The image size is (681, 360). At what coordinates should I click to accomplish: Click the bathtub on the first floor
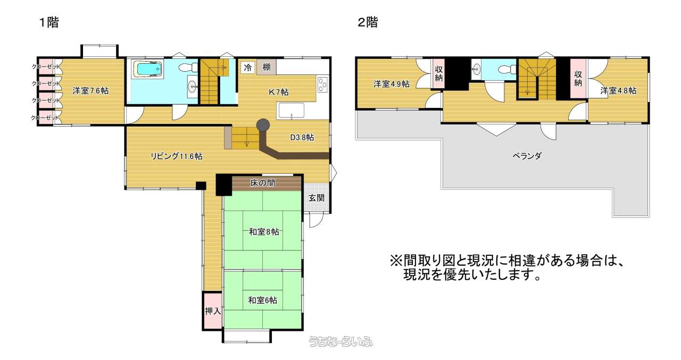(148, 69)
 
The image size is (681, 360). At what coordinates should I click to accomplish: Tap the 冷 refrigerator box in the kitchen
(248, 68)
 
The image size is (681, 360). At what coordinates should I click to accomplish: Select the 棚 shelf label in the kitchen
(267, 67)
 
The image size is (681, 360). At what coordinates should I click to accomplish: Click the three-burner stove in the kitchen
(322, 83)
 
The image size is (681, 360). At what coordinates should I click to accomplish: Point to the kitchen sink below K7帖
(291, 111)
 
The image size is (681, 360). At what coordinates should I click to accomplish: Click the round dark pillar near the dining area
(263, 125)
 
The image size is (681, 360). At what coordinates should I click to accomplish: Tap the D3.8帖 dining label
(302, 138)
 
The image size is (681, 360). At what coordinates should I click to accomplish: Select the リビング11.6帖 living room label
(177, 156)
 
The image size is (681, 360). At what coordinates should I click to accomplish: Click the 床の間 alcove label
(263, 183)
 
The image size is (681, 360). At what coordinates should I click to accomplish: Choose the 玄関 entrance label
(317, 198)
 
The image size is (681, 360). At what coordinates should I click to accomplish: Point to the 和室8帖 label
(264, 232)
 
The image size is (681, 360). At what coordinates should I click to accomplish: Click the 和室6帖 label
(263, 300)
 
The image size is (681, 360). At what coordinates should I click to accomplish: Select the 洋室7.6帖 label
(90, 90)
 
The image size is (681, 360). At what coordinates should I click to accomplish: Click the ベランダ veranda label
(527, 156)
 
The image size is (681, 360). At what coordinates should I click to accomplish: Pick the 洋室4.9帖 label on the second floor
(392, 84)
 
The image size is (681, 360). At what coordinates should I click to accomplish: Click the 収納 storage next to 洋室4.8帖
(578, 78)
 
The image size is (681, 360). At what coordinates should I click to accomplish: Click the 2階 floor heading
(368, 22)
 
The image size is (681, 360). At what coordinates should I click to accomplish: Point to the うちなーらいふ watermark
(340, 342)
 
